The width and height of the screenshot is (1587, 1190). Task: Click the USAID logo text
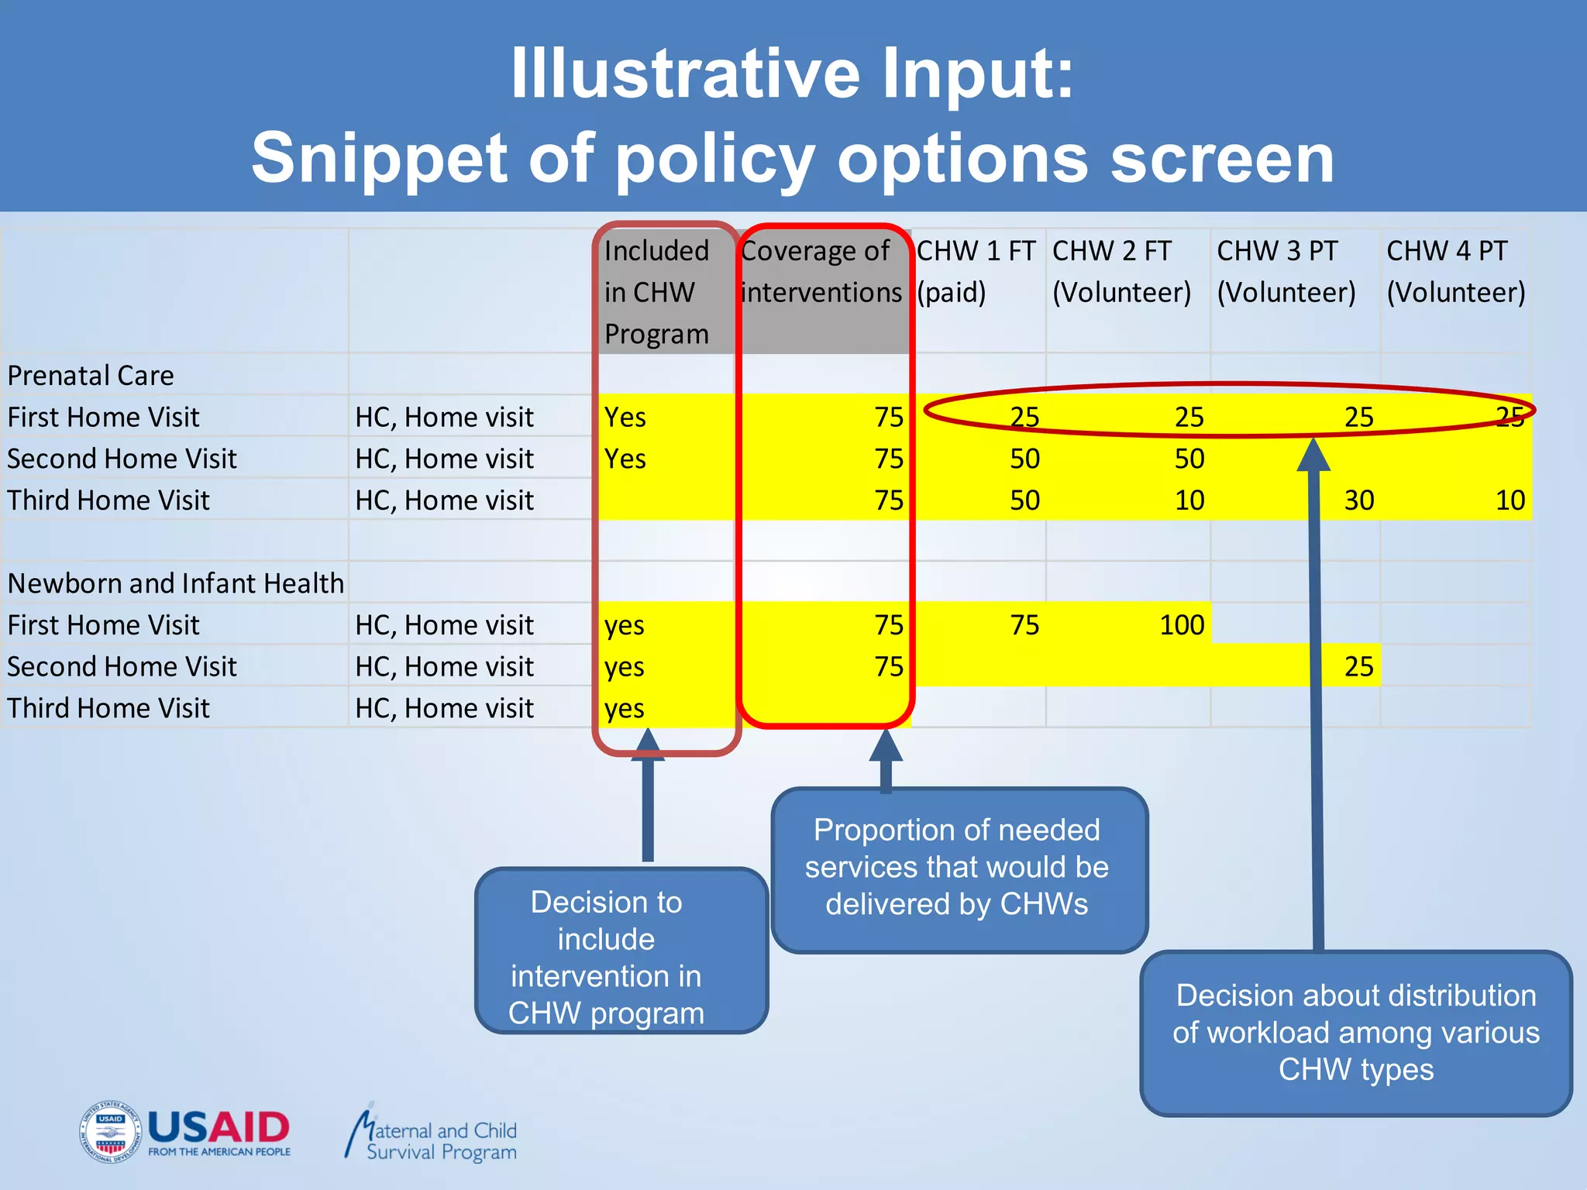pos(219,1127)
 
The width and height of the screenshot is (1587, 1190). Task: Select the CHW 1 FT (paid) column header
pos(976,271)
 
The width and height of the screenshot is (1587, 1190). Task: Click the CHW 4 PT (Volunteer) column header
pos(1454,271)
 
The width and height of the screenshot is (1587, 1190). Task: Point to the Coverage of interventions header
pos(821,271)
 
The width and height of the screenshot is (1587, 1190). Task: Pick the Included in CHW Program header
pos(657,292)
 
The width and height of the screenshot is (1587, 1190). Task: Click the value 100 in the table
pos(1181,624)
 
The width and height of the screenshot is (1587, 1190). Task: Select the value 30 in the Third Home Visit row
pos(1358,500)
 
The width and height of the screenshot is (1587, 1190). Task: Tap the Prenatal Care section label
pos(91,376)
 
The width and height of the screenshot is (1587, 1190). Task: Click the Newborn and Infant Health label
pos(176,583)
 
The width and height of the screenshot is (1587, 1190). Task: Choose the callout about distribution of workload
pos(1355,1032)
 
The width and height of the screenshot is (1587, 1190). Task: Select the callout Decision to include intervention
pos(607,957)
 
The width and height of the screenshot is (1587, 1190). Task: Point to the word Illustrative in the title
pos(685,74)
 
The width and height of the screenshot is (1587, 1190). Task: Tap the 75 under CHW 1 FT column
pos(1024,624)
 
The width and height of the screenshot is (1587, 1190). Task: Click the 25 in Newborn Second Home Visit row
pos(1358,666)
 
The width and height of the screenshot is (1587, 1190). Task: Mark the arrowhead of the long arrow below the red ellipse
pos(1313,456)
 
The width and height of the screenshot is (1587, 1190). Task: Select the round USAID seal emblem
pos(110,1132)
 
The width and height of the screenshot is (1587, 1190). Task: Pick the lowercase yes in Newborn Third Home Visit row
pos(625,708)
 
